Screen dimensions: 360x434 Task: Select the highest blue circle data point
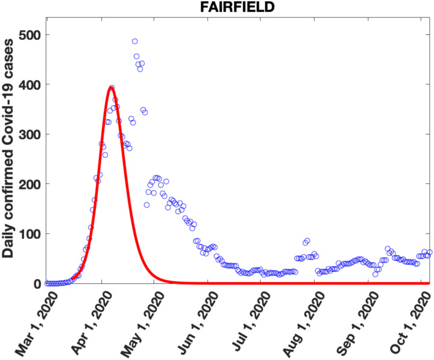coord(134,42)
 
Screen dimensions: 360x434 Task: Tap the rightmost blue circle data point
coord(429,253)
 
